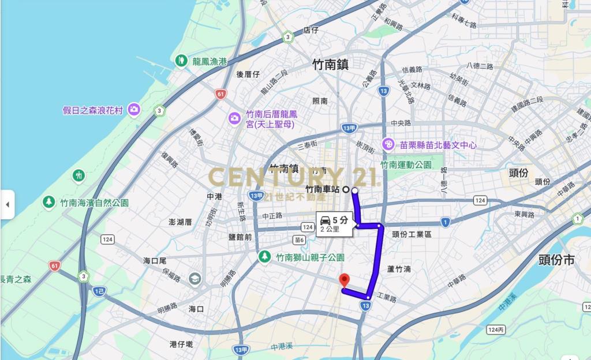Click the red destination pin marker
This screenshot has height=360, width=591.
click(x=345, y=280)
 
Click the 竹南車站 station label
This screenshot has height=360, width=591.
click(x=323, y=189)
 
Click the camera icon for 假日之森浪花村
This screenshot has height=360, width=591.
click(x=134, y=109)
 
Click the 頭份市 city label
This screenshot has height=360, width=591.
click(x=556, y=260)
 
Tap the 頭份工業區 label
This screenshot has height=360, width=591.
click(x=412, y=234)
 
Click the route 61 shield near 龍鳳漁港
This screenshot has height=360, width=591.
click(x=220, y=94)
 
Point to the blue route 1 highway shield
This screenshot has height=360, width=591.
click(x=445, y=222)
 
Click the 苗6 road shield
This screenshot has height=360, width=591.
click(x=299, y=240)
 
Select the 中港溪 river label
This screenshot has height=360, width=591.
click(x=282, y=347)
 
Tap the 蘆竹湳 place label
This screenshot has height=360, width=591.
click(x=399, y=269)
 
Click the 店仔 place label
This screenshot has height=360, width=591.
click(x=311, y=30)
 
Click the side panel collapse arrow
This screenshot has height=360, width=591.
click(x=8, y=204)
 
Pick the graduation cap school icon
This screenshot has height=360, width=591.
click(x=195, y=279)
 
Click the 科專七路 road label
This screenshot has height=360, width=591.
click(x=464, y=21)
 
